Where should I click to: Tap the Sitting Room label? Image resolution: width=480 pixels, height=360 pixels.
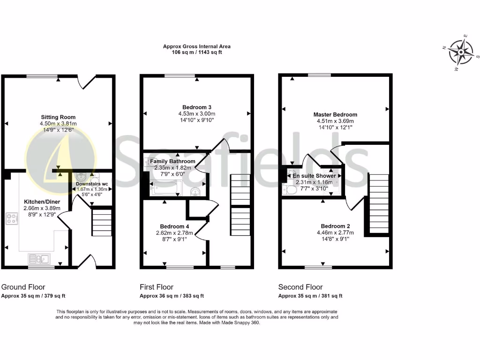[x=58, y=117]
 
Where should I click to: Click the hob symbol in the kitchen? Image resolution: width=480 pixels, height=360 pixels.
[x=11, y=218]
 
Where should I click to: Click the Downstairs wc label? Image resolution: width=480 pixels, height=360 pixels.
[x=92, y=184]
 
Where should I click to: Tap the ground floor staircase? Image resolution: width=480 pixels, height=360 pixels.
[x=101, y=223]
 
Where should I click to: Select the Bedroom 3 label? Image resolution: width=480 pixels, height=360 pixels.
[x=196, y=107]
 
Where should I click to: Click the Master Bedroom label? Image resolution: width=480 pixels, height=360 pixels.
[x=335, y=114]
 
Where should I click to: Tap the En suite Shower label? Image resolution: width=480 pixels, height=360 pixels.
[x=314, y=176]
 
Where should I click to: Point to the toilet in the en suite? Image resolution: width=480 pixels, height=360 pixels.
[x=289, y=188]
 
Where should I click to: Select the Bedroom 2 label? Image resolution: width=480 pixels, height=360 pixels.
[x=335, y=226]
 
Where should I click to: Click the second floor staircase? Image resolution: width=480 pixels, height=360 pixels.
[x=379, y=204]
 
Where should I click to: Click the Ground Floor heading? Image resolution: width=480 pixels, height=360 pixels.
[x=23, y=287]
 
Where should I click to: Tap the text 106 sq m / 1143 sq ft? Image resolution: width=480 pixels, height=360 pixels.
[x=196, y=52]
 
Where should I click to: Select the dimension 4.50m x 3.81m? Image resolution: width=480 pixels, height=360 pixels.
[x=58, y=124]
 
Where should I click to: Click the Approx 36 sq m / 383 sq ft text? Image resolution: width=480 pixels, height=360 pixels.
[x=172, y=296]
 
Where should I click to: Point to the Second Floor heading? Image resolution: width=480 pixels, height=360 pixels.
[x=300, y=287]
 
